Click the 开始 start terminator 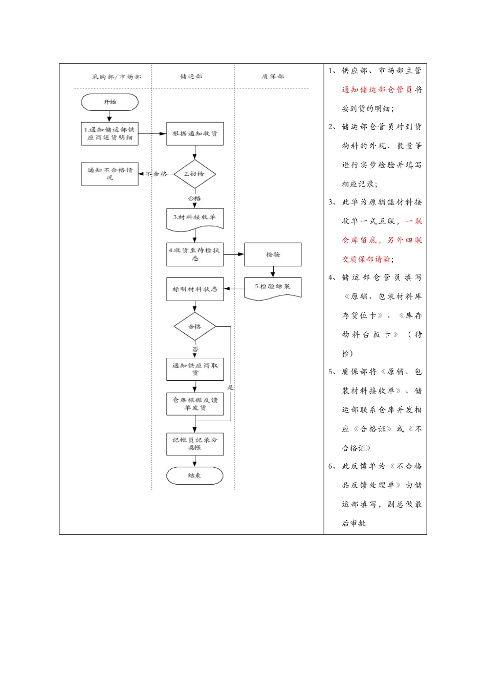coord(109,102)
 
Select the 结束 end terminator coord(194,475)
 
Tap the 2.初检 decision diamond coord(194,174)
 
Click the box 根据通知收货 coord(195,134)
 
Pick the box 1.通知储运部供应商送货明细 coord(109,134)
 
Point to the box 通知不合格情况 coord(109,174)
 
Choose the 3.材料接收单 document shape coord(194,218)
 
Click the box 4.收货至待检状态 coord(194,255)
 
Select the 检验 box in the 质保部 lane coord(273,255)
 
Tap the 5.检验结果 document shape coord(273,287)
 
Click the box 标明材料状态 coord(194,289)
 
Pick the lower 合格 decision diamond coord(194,327)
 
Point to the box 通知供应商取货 coord(194,369)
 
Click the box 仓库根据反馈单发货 coord(194,404)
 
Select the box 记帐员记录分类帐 coord(194,444)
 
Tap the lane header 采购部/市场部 coord(116,77)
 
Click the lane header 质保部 coord(273,77)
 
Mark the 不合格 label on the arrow coord(157,174)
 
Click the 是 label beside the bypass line coord(230,387)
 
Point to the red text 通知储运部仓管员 coord(377,90)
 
